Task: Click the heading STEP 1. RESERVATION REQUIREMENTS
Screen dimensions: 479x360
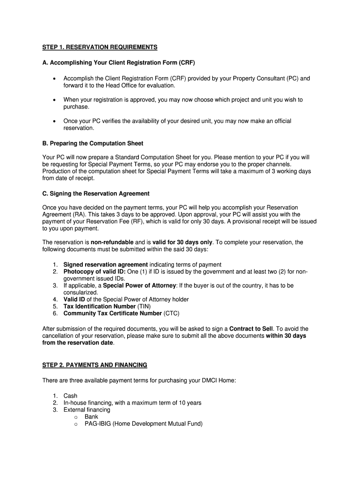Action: (x=100, y=47)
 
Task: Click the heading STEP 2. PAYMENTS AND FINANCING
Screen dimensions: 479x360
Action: (x=94, y=365)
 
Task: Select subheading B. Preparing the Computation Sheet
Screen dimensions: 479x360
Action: (x=93, y=143)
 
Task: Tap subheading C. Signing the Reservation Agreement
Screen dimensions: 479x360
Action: (x=96, y=193)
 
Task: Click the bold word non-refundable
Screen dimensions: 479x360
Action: (x=112, y=242)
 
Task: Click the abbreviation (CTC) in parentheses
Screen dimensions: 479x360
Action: (x=171, y=313)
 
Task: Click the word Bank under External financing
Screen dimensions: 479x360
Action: (x=91, y=417)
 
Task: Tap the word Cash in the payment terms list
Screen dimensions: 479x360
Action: (x=70, y=396)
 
